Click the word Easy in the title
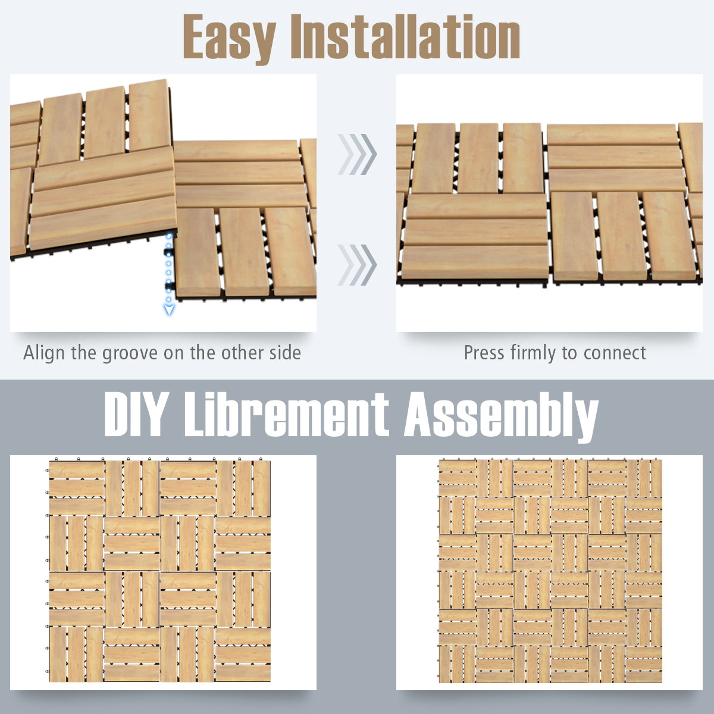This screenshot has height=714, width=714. tap(230, 39)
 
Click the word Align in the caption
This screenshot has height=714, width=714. tap(44, 353)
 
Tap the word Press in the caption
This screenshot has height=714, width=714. tap(484, 353)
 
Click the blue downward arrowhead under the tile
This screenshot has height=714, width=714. tap(170, 309)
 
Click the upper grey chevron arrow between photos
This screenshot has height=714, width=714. tap(357, 154)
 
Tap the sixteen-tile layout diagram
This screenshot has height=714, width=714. tap(159, 571)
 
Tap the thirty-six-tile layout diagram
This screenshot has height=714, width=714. tap(550, 571)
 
